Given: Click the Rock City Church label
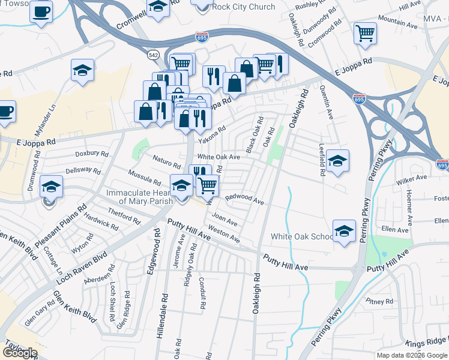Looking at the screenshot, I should click(244, 7).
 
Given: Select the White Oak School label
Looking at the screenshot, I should click(301, 236).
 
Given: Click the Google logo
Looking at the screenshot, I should click(20, 353).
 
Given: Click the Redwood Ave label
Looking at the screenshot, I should click(244, 199).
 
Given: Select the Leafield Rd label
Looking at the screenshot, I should click(322, 162).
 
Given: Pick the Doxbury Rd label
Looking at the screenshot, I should click(92, 154).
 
